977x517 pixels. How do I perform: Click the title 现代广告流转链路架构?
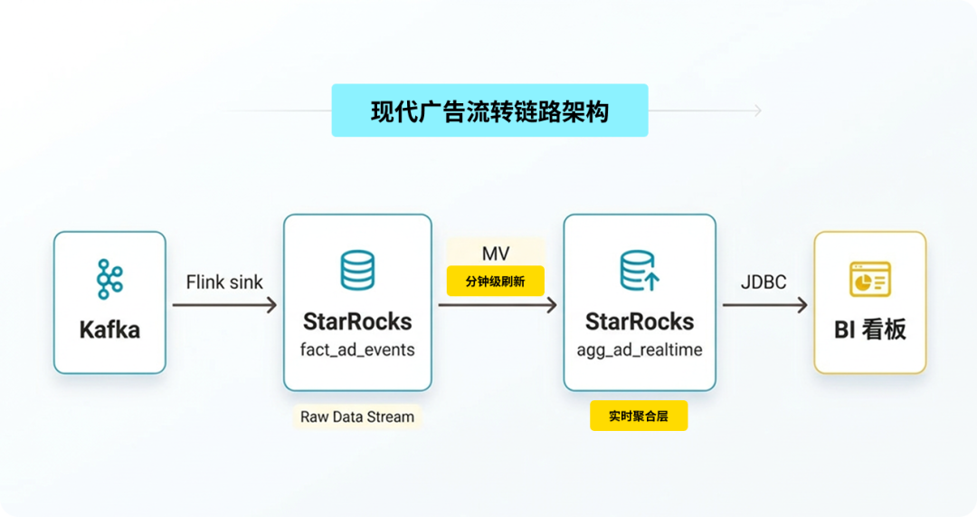pyautogui.click(x=489, y=111)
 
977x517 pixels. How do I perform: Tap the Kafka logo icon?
pyautogui.click(x=109, y=279)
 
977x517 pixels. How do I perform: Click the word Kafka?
pyautogui.click(x=109, y=330)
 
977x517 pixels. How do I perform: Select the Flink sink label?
pyautogui.click(x=224, y=282)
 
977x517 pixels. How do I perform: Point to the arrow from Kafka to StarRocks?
pyautogui.click(x=224, y=305)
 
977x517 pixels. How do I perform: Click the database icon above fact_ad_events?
pyautogui.click(x=357, y=271)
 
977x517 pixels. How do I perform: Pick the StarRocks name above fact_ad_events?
pyautogui.click(x=357, y=321)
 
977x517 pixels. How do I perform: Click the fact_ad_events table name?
pyautogui.click(x=357, y=349)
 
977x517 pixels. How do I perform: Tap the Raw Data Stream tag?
pyautogui.click(x=357, y=416)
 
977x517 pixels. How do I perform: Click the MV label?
pyautogui.click(x=496, y=254)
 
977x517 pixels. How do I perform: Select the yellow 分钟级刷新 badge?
pyautogui.click(x=496, y=282)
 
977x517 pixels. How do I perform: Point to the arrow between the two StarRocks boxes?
pyautogui.click(x=498, y=305)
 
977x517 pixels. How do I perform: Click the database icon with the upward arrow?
pyautogui.click(x=640, y=271)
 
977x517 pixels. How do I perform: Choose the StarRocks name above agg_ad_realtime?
pyautogui.click(x=640, y=321)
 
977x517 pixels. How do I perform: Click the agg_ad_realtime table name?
pyautogui.click(x=640, y=349)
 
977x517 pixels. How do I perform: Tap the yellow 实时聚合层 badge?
pyautogui.click(x=639, y=416)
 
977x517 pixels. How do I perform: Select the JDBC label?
pyautogui.click(x=764, y=282)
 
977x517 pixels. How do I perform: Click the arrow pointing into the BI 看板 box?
pyautogui.click(x=764, y=305)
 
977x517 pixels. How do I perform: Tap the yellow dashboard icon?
pyautogui.click(x=870, y=279)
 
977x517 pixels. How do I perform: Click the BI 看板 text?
pyautogui.click(x=870, y=330)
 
